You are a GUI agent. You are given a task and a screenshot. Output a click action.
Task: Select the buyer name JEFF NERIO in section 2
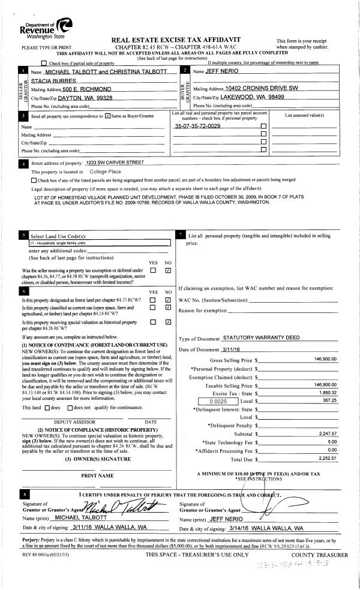tap(221, 71)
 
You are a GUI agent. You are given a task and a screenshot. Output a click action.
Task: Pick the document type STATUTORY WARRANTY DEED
tap(261, 338)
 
